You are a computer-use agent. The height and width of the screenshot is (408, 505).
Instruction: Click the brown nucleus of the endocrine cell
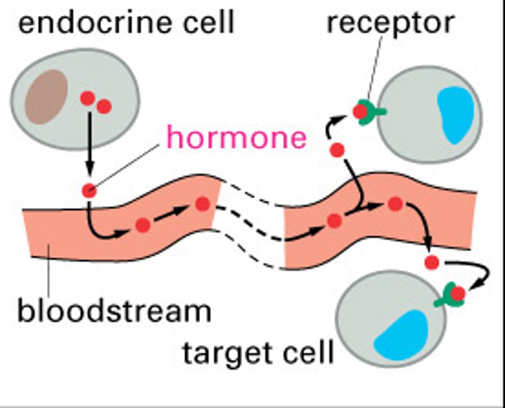[47, 96]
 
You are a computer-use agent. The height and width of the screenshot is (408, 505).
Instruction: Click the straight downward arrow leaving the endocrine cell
[90, 144]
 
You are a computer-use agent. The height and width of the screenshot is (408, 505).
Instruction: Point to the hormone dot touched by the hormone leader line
[89, 191]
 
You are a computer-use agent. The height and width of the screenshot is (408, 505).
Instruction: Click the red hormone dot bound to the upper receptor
[360, 112]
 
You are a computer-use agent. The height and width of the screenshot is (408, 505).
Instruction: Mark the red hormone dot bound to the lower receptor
[458, 294]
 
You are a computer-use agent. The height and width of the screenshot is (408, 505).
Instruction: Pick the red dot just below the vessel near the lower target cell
[432, 262]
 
